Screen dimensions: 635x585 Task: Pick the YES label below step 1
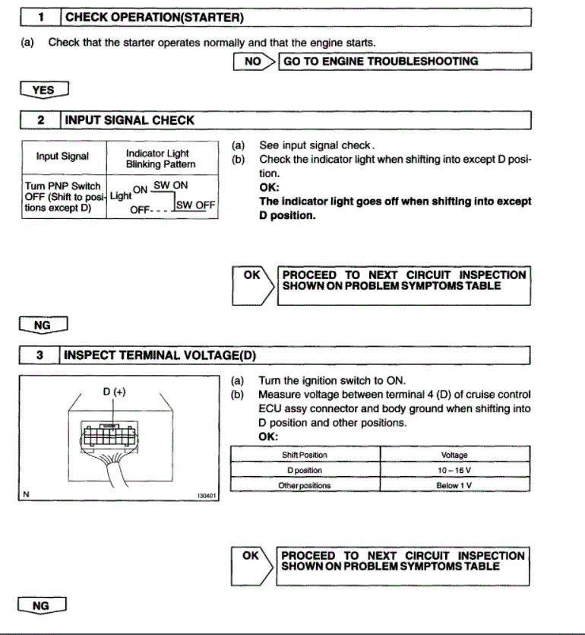click(43, 90)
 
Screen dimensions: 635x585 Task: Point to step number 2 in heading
click(40, 120)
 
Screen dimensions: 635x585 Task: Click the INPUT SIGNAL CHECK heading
click(130, 120)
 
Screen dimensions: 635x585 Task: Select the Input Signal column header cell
click(62, 157)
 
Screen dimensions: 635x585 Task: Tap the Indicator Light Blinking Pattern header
click(160, 158)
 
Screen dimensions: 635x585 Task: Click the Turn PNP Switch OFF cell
click(62, 197)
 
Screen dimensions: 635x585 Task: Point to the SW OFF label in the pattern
click(196, 205)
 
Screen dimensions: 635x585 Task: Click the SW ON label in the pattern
click(170, 185)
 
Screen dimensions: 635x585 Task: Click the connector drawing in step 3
click(113, 440)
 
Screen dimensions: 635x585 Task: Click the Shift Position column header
click(304, 455)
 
